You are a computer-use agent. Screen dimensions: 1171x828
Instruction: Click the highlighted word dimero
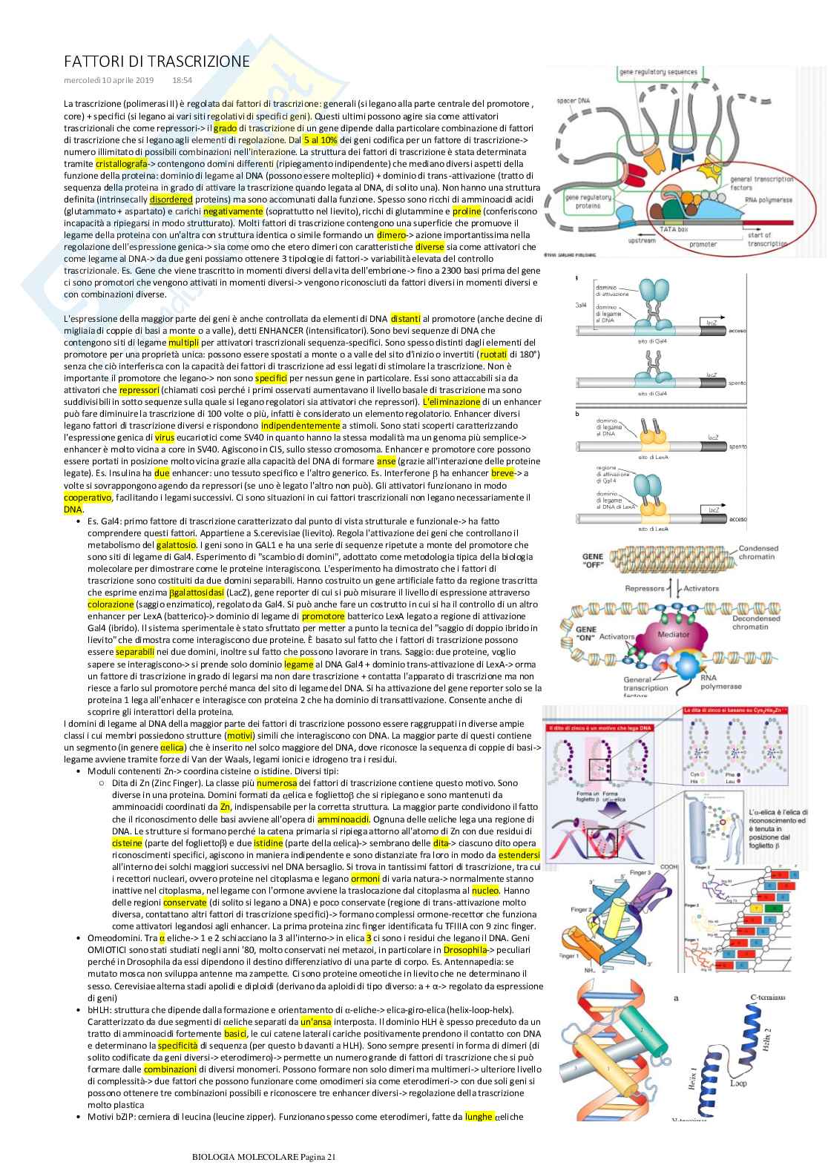[x=391, y=235]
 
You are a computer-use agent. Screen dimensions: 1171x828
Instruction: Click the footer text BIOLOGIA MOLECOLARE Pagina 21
[x=264, y=1155]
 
